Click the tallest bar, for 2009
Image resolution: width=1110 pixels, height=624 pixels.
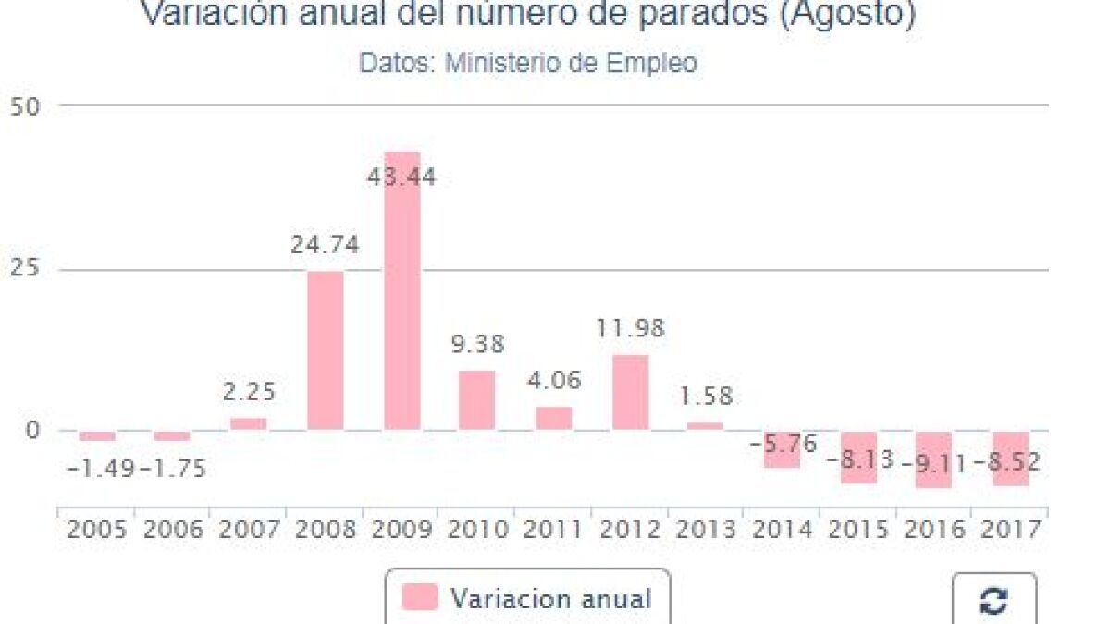(401, 290)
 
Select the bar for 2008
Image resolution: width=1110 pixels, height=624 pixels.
(325, 350)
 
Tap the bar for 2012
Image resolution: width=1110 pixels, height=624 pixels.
(630, 392)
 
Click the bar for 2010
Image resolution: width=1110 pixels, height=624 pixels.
(477, 400)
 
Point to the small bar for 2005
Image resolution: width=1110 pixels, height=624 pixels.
(97, 435)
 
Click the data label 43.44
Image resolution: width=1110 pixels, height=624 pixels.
(401, 177)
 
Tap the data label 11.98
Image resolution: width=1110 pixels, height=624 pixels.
(629, 328)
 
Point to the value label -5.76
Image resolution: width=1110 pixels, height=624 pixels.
(783, 445)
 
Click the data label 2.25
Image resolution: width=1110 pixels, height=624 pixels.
(249, 392)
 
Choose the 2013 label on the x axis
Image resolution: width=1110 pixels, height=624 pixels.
(706, 530)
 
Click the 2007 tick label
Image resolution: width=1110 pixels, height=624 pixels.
(249, 530)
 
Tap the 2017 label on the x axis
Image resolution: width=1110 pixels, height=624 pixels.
(1009, 530)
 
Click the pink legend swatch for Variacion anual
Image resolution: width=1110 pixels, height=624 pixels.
(420, 597)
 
